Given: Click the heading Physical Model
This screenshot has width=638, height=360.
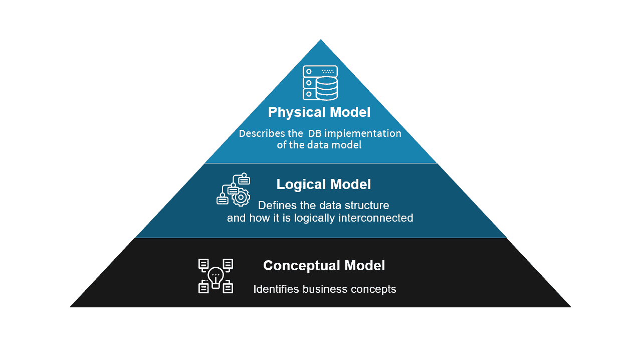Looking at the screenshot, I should [319, 112].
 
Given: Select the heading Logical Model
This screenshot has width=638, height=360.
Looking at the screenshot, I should [324, 185].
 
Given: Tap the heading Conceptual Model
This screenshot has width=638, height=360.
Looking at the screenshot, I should [324, 265].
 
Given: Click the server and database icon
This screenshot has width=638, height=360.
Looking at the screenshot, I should [320, 83].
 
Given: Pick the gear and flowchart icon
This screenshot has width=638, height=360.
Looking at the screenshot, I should [234, 190].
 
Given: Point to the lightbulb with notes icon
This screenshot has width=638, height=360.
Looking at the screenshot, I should [216, 276].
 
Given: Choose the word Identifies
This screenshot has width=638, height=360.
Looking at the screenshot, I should [276, 289].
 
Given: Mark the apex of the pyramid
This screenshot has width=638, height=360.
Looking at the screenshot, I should [320, 41].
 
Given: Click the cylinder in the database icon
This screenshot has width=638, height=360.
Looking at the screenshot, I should [327, 88].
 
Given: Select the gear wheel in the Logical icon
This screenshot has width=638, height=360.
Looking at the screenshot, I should [241, 197].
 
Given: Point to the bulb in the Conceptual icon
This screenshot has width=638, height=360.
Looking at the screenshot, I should [216, 276].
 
